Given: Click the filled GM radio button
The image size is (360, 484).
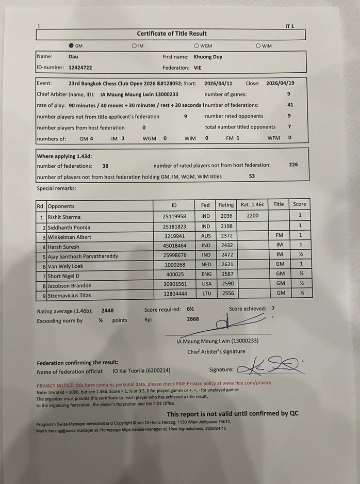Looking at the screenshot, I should (x=71, y=46).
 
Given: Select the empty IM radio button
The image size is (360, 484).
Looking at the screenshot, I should (x=134, y=46).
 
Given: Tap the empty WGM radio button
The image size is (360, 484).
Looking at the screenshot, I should (x=196, y=46).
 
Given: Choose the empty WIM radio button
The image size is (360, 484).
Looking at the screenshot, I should (x=258, y=46).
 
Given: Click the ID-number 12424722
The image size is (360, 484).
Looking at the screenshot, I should (x=80, y=67).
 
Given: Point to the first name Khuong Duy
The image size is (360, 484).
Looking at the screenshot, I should (x=208, y=57).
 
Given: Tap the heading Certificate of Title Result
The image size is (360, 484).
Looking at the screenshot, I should (x=172, y=34).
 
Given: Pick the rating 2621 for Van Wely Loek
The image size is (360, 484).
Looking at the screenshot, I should (x=226, y=265).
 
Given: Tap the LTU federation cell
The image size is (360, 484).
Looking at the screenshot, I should (x=205, y=293).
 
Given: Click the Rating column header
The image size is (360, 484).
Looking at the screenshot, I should (x=226, y=205).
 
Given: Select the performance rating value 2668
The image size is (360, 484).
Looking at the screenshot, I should (x=193, y=319).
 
